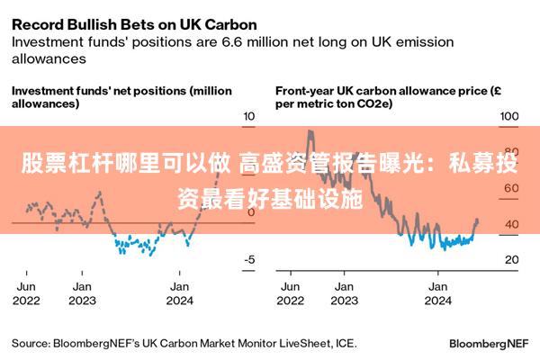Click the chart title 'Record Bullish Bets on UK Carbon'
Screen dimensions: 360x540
135,23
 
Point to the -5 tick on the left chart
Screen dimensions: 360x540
250,259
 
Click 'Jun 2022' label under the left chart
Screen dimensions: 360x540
26,293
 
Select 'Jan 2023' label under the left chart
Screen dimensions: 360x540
83,293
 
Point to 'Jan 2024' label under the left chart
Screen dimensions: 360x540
180,293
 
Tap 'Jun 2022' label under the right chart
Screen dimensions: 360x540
290,293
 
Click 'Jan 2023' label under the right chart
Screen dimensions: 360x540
343,293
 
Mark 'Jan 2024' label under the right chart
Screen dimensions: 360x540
438,293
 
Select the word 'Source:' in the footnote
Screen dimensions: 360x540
31,343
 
